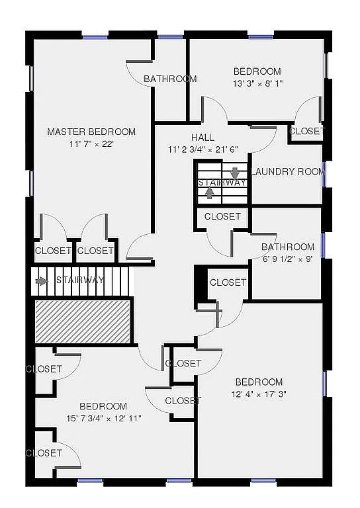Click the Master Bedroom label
pyautogui.click(x=91, y=132)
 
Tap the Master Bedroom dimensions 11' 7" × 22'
pyautogui.click(x=91, y=144)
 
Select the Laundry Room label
pyautogui.click(x=289, y=172)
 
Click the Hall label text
pyautogui.click(x=202, y=137)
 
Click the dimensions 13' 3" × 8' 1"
pyautogui.click(x=257, y=84)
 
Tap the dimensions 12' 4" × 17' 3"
pyautogui.click(x=259, y=394)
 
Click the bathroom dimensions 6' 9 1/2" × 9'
pyautogui.click(x=288, y=259)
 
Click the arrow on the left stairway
pyautogui.click(x=42, y=280)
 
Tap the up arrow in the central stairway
pyautogui.click(x=210, y=192)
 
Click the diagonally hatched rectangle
pyautogui.click(x=82, y=321)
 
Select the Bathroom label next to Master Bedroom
pyautogui.click(x=170, y=79)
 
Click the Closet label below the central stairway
pyautogui.click(x=222, y=216)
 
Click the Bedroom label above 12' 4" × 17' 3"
pyautogui.click(x=259, y=382)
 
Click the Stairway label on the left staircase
pyautogui.click(x=80, y=280)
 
